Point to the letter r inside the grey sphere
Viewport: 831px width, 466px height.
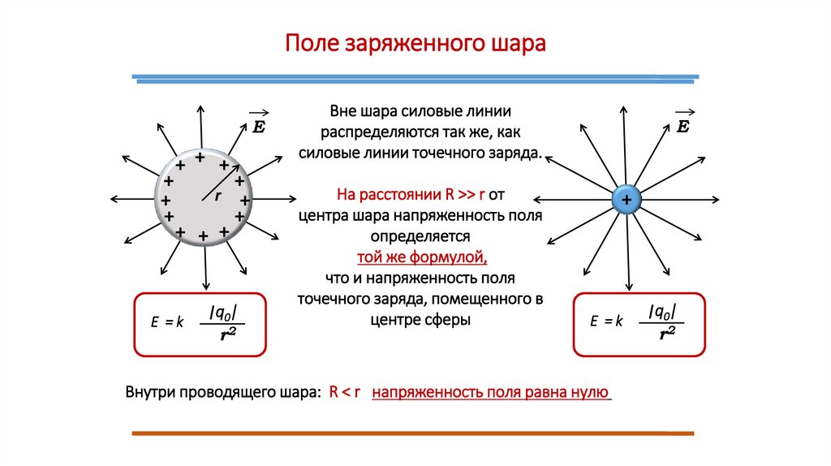[217, 196]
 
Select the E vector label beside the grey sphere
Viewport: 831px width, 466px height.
[260, 126]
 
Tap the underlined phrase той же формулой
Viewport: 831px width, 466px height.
[421, 258]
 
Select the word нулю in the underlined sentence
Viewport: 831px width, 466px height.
[590, 392]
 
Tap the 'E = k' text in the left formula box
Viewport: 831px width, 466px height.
[168, 322]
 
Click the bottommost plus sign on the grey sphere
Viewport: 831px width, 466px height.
[203, 236]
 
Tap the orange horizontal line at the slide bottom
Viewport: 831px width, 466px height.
[414, 434]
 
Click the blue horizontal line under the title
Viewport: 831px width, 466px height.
[415, 79]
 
